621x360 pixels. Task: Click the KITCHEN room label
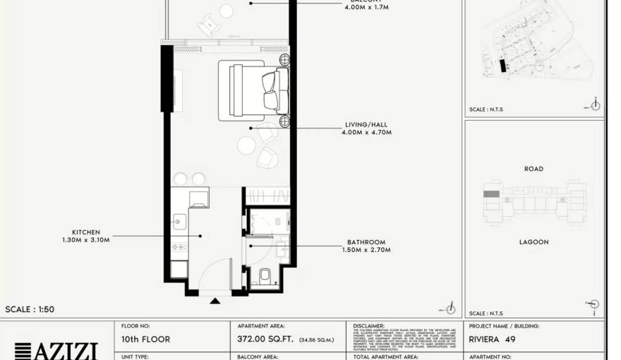point(85,232)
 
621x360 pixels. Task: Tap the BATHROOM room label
point(366,242)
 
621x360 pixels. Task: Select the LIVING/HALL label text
point(366,125)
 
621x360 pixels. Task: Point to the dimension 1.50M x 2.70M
point(366,250)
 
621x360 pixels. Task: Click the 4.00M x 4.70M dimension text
point(366,133)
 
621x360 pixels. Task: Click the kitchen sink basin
point(178,222)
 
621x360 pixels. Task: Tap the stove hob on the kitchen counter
point(179,247)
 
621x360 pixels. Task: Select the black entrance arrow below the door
point(215,301)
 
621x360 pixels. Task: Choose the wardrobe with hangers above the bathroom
point(267,196)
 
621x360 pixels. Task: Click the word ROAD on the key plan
point(533,169)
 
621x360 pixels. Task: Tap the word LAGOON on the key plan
point(533,242)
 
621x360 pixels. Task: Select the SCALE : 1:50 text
point(30,309)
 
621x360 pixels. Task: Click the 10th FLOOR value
point(146,340)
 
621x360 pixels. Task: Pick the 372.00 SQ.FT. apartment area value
point(260,340)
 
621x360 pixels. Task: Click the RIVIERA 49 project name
point(492,340)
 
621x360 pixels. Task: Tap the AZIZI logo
point(56,350)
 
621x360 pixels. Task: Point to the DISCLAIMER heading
point(368,326)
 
